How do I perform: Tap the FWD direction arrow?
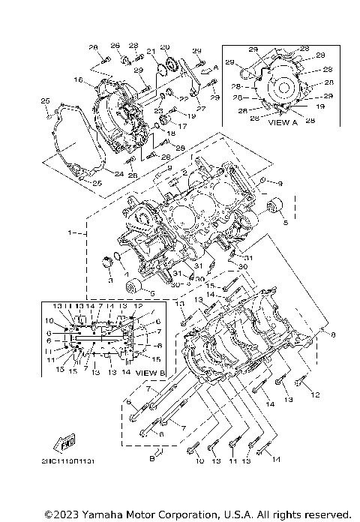click(54, 441)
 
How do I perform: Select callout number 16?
click(77, 79)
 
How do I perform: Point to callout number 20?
click(165, 47)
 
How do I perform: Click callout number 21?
click(150, 52)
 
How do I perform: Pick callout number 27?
click(200, 108)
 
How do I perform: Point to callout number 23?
click(158, 110)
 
